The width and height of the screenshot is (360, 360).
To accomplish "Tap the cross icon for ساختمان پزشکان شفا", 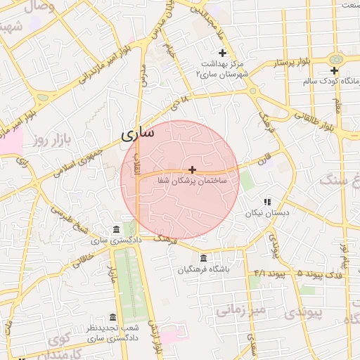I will click(192, 169).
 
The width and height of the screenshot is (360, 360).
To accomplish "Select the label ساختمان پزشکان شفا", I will click(193, 181).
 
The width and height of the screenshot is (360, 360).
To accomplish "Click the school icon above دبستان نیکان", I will click(267, 202).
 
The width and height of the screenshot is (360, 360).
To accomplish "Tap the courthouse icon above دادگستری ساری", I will click(116, 229).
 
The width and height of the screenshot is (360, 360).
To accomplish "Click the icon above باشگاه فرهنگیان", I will click(204, 258).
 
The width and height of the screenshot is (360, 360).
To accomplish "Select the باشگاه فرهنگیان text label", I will click(204, 269).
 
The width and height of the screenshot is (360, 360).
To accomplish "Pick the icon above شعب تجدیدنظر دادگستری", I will click(112, 317).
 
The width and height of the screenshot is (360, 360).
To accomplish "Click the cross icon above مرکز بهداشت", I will click(223, 53).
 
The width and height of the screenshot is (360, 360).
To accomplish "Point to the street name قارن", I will click(263, 161).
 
